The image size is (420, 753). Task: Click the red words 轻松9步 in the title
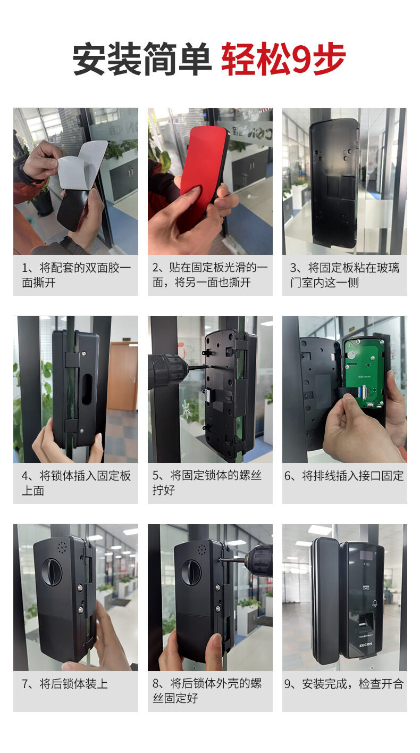coord(283,59)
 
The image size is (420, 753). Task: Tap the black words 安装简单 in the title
coord(142,59)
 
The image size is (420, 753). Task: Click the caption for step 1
coord(76,275)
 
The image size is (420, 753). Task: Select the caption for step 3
coord(345,275)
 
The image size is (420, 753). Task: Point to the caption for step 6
coord(344,476)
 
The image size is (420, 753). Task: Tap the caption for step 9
coord(344,684)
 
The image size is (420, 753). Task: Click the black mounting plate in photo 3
coord(333,183)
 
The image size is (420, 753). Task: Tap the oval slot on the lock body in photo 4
coord(87,389)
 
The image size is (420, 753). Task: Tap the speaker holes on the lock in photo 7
coord(62,547)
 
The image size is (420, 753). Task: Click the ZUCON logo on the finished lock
coord(365,644)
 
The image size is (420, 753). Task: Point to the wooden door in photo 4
coord(123,376)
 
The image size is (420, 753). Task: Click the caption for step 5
coord(207,483)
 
